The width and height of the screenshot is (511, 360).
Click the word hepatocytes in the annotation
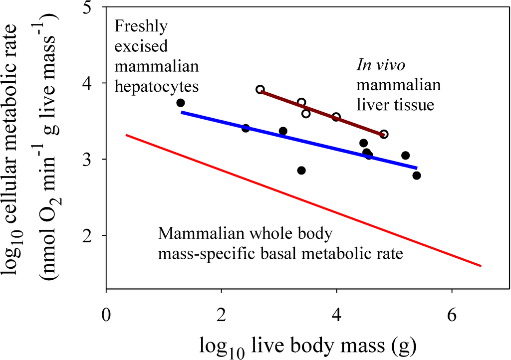coord(157,86)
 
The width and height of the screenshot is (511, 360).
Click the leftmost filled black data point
coord(181,103)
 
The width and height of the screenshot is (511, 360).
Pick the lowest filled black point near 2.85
coord(301,171)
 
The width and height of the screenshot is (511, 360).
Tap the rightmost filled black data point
coord(417,175)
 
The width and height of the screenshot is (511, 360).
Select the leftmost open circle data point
coord(260,89)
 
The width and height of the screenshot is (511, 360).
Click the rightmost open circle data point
coord(384,134)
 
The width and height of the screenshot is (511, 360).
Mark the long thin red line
coord(299,199)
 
